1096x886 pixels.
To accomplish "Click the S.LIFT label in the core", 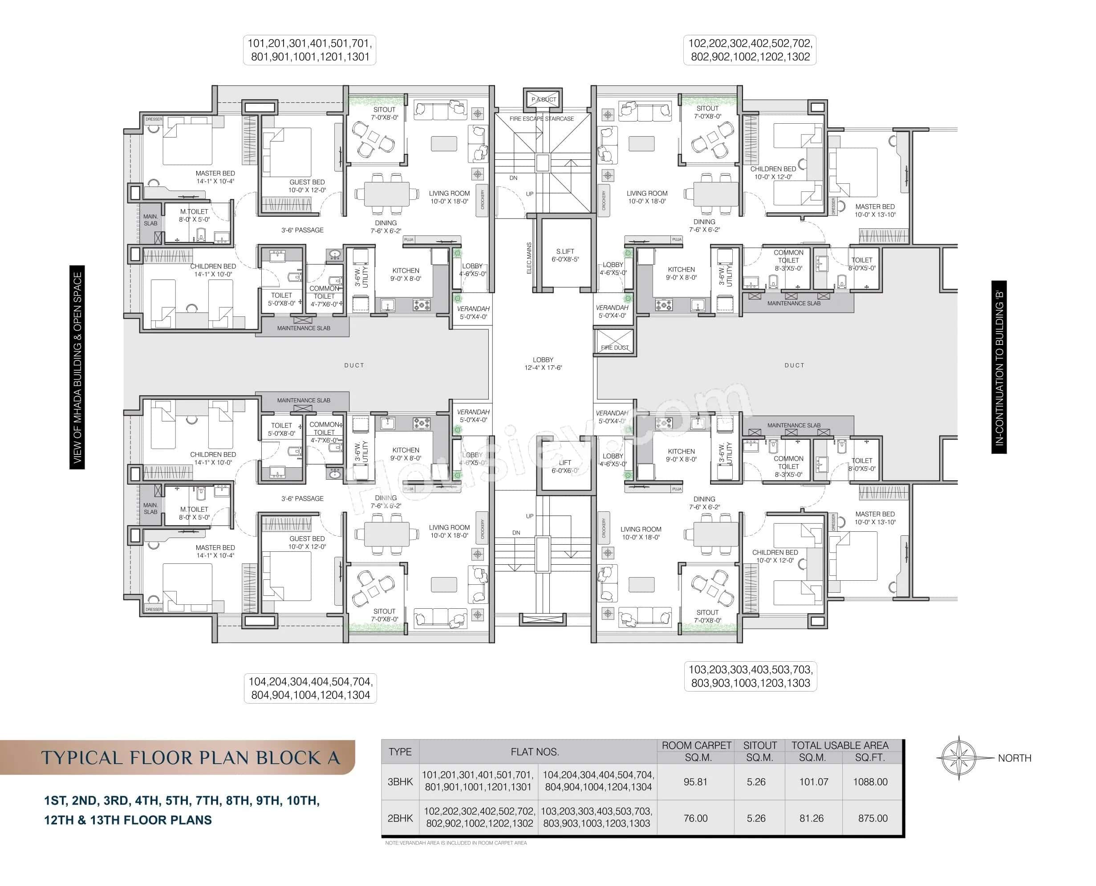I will (564, 251).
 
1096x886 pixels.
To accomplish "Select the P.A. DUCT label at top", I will (543, 100).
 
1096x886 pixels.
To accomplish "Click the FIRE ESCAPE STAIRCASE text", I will (542, 119).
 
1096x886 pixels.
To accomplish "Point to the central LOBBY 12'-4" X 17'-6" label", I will (543, 364).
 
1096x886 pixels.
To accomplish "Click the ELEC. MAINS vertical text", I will (529, 258).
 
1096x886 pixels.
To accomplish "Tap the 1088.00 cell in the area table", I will (870, 782).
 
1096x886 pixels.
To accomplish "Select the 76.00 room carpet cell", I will (695, 818).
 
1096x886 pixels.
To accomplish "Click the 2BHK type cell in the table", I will (400, 818).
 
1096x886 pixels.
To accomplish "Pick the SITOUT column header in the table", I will (759, 746).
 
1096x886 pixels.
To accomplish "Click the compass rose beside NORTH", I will (959, 758).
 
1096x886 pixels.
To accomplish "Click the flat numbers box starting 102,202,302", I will (749, 50).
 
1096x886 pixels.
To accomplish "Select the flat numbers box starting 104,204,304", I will (310, 688).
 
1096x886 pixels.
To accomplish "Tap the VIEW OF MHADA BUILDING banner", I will (77, 367).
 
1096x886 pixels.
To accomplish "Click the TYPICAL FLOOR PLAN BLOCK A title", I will (190, 758).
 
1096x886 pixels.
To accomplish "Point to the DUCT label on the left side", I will (354, 365).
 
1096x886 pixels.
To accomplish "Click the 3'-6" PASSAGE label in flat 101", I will (302, 230).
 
